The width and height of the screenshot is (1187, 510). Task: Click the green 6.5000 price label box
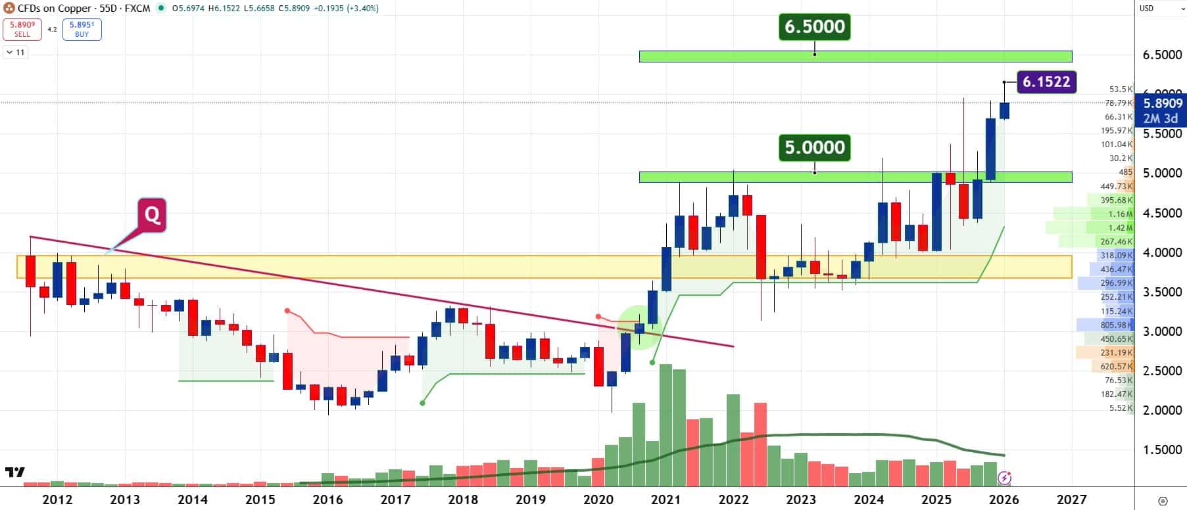tap(815, 27)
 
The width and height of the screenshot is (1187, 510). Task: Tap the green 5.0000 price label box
tap(815, 147)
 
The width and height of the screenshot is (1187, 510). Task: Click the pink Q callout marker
tap(152, 214)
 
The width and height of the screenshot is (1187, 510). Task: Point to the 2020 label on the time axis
tap(598, 499)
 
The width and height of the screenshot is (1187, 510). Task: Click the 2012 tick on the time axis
tap(57, 499)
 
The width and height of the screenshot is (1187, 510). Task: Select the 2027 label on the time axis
tap(1071, 499)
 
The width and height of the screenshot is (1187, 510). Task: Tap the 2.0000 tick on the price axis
tap(1162, 410)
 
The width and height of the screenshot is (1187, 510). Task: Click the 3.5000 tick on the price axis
tap(1162, 292)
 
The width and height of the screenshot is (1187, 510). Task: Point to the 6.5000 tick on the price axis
tap(1162, 55)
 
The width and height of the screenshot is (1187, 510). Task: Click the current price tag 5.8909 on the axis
tap(1162, 103)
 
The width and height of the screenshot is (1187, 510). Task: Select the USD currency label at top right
tap(1146, 9)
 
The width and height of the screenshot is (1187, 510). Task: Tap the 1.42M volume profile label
tap(1120, 228)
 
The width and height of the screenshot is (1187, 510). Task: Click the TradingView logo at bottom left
tap(14, 472)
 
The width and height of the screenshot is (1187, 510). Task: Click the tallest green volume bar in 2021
tap(666, 425)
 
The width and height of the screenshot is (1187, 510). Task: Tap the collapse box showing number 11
tap(16, 52)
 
